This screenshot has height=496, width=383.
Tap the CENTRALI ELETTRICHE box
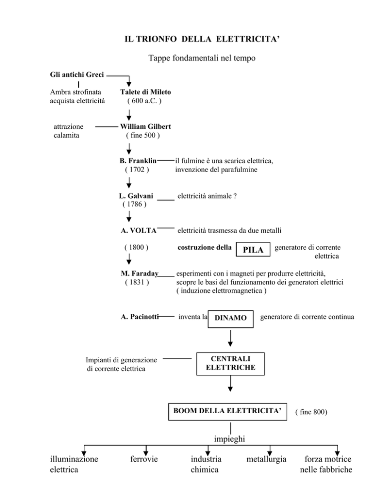point(230,363)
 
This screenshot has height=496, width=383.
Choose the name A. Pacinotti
point(140,316)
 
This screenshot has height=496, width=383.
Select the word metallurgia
point(269,459)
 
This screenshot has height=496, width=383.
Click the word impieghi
point(230,439)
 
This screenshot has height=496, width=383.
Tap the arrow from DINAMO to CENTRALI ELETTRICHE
point(230,338)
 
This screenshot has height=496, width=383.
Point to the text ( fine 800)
point(311,412)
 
